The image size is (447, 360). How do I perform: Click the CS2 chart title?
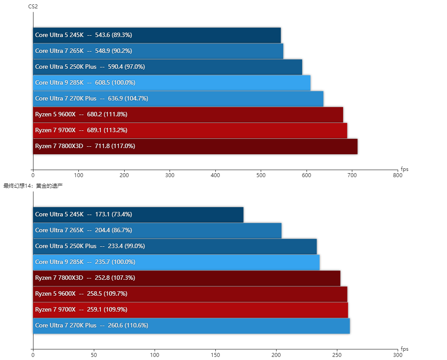tap(33, 6)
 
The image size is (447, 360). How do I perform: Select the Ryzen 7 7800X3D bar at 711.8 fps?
tap(195, 146)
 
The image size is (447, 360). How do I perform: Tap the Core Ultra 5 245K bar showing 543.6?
tap(157, 35)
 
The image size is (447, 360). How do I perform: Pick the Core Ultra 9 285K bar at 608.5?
tap(172, 83)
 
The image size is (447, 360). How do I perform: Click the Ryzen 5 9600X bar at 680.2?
tap(188, 115)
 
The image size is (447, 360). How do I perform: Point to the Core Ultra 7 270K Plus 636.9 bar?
tap(178, 99)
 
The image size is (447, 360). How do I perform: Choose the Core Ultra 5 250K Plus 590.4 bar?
tap(167, 67)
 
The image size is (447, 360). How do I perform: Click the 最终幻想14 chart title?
tap(33, 186)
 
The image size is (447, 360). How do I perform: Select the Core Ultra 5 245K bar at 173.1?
tap(138, 215)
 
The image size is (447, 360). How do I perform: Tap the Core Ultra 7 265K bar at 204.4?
tap(157, 230)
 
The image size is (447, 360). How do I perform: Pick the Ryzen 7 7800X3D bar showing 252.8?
tap(187, 278)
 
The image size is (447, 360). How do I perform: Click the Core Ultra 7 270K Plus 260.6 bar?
tap(192, 326)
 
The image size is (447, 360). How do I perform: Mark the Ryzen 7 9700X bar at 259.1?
tap(191, 310)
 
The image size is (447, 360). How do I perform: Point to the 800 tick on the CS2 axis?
tap(398, 175)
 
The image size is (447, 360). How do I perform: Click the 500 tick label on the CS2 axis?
tap(261, 175)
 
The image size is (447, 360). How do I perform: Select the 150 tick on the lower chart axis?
tap(215, 355)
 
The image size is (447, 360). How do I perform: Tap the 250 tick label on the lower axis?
tap(337, 355)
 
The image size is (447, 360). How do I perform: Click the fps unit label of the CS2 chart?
tap(404, 169)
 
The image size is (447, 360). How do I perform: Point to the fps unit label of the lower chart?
tap(404, 349)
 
